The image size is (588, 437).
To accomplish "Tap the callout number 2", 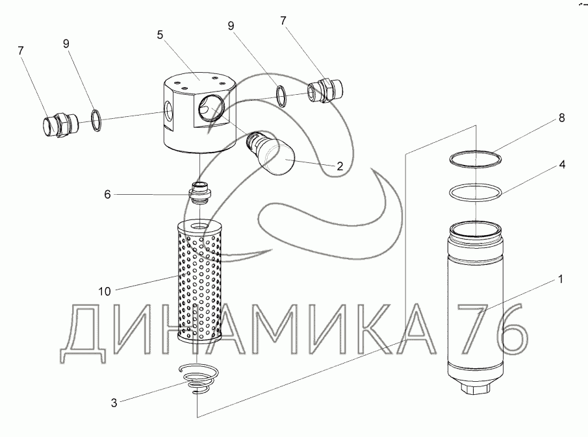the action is tap(339, 166).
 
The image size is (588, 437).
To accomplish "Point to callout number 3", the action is tap(114, 403).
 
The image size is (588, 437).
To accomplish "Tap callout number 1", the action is tap(560, 281).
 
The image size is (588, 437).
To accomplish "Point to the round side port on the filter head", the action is tap(212, 105).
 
